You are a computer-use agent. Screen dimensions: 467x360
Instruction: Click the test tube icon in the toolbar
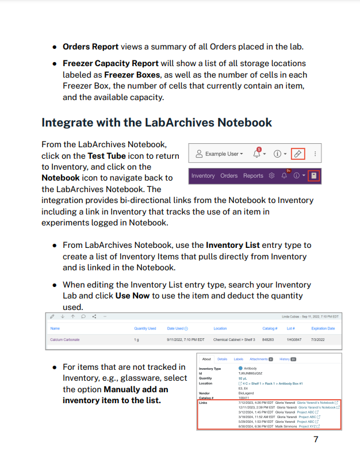(x=297, y=154)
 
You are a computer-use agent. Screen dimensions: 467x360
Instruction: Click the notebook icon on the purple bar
(x=313, y=175)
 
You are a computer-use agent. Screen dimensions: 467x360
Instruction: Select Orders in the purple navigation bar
(x=229, y=175)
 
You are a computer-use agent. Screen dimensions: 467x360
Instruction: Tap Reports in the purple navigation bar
(x=253, y=175)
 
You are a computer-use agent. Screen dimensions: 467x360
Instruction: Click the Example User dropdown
(x=219, y=154)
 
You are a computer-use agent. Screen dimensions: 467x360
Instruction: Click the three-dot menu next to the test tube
(x=315, y=154)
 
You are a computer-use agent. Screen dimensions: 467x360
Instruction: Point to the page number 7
(x=316, y=440)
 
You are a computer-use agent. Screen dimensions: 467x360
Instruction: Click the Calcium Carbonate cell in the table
(x=65, y=339)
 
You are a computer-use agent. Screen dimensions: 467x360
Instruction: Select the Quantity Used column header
(x=145, y=328)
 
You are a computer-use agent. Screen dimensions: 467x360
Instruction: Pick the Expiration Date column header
(x=323, y=328)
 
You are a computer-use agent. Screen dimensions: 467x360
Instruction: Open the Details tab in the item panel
(x=222, y=359)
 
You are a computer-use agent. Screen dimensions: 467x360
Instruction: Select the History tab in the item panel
(x=286, y=359)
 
